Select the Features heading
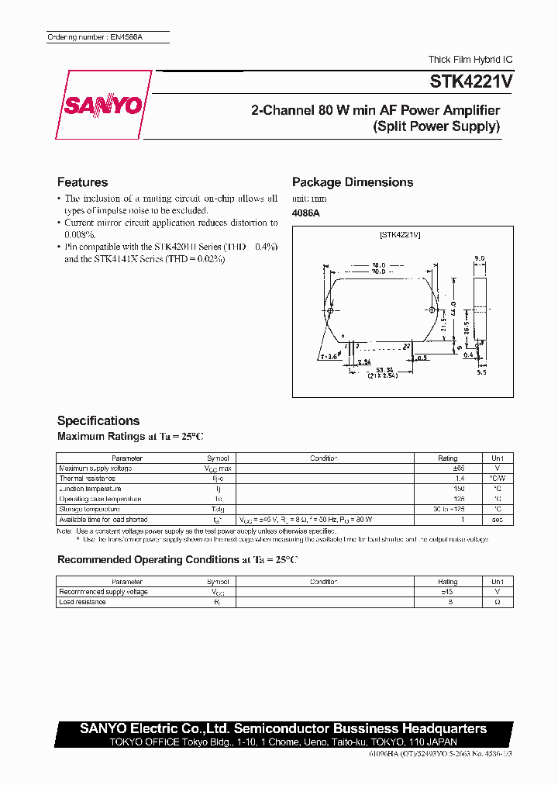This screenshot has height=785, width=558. [82, 182]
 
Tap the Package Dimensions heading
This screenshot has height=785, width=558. [353, 182]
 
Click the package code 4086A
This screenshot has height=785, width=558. [305, 213]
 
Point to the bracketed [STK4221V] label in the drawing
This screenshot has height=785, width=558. [401, 234]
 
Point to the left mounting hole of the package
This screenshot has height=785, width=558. [331, 312]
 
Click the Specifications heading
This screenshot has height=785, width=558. [98, 420]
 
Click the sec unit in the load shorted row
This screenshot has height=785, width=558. [496, 519]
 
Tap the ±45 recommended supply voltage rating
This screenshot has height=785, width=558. [447, 592]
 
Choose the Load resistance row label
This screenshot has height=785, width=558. [82, 602]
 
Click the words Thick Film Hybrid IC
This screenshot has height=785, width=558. [470, 60]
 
